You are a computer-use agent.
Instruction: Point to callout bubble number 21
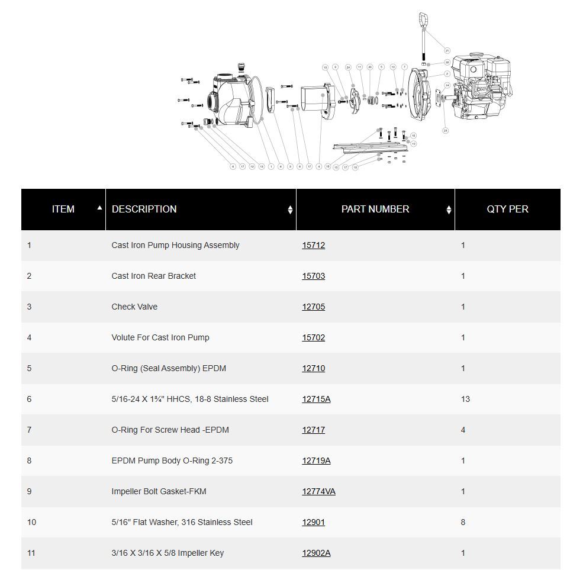pos(447,51)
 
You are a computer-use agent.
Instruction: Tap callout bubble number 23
pos(445,130)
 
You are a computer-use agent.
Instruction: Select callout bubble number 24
pos(348,67)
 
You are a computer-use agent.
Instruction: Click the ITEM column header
pos(63,209)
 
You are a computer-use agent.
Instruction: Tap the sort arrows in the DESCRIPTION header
pos(290,210)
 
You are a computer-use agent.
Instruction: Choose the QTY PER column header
pos(507,209)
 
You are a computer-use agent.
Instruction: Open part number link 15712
pos(313,245)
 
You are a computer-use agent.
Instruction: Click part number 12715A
pos(316,399)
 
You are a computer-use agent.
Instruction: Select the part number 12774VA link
pos(318,491)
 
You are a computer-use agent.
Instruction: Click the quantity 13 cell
pos(465,399)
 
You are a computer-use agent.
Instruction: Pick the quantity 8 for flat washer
pos(463,522)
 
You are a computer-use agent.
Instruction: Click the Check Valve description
pos(134,307)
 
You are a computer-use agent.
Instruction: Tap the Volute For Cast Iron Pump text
pos(160,337)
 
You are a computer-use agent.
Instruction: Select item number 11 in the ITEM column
pos(31,553)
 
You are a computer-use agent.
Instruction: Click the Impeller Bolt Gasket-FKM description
pos(159,491)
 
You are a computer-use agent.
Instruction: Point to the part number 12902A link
pos(316,553)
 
